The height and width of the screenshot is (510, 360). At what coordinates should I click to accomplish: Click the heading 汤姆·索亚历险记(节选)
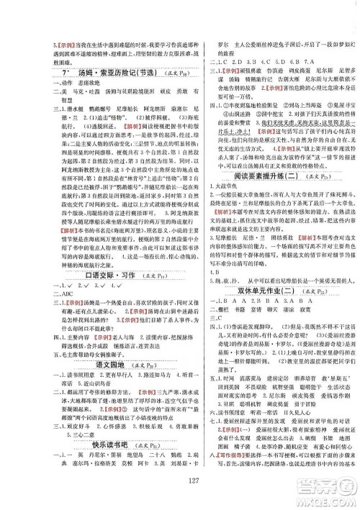tap(108, 73)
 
